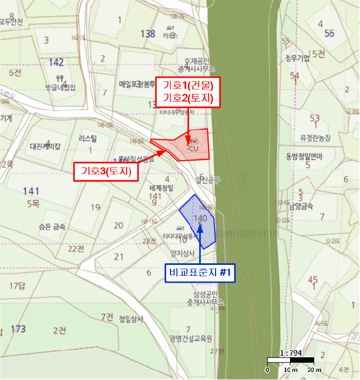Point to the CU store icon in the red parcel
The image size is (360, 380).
click(194, 142)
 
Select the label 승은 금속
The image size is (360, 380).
click(52, 227)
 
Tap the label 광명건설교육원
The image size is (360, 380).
click(190, 339)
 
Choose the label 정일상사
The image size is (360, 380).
click(130, 319)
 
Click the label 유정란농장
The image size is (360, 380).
click(312, 138)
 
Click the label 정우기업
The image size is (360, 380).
click(297, 58)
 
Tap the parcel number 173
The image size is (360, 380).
click(18, 329)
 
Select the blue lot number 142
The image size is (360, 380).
click(56, 62)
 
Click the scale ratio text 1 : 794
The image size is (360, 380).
click(290, 353)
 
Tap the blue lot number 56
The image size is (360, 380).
click(329, 33)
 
